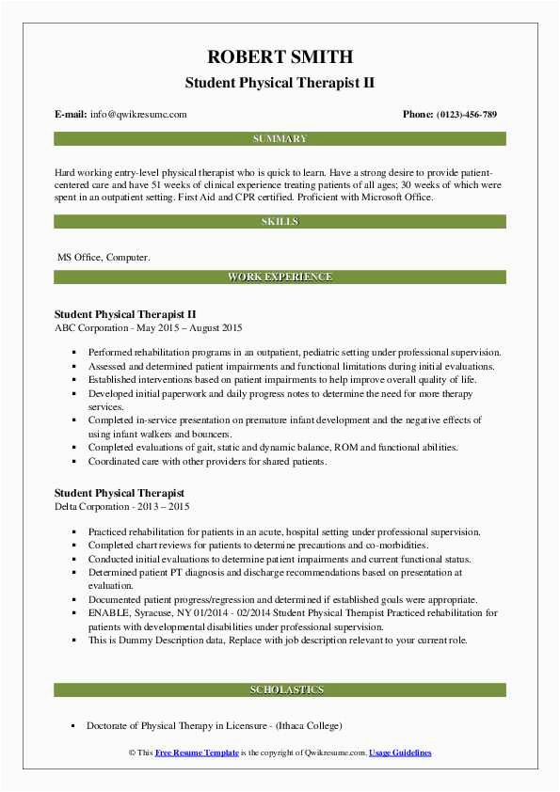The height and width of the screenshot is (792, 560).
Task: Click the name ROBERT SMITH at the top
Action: (x=280, y=55)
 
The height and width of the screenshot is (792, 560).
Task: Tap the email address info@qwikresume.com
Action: (x=137, y=115)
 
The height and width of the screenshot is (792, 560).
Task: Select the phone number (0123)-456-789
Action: (x=463, y=115)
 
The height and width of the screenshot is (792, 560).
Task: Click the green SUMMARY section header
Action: (x=280, y=139)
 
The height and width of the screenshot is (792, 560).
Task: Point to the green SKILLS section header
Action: (x=280, y=222)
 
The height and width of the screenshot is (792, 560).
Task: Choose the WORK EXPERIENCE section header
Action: (x=280, y=277)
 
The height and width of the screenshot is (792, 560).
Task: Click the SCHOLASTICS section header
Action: (x=280, y=690)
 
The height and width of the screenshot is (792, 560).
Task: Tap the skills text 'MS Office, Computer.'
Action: (x=103, y=256)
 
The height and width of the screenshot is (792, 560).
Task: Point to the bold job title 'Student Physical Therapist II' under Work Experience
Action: (x=125, y=314)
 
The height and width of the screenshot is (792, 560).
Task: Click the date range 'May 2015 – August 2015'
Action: (x=193, y=328)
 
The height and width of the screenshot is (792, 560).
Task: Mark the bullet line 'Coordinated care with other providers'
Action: (x=207, y=462)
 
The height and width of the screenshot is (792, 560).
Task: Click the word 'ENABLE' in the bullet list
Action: (x=107, y=612)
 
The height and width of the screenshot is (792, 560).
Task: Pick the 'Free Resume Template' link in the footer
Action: (x=197, y=753)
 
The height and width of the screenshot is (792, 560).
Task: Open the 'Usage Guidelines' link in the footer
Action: (x=400, y=753)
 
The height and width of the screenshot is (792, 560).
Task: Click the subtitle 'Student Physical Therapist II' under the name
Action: (x=280, y=83)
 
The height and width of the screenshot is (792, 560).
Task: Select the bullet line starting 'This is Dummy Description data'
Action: (x=277, y=640)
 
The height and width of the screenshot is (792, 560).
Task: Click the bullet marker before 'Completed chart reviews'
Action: (x=73, y=546)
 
